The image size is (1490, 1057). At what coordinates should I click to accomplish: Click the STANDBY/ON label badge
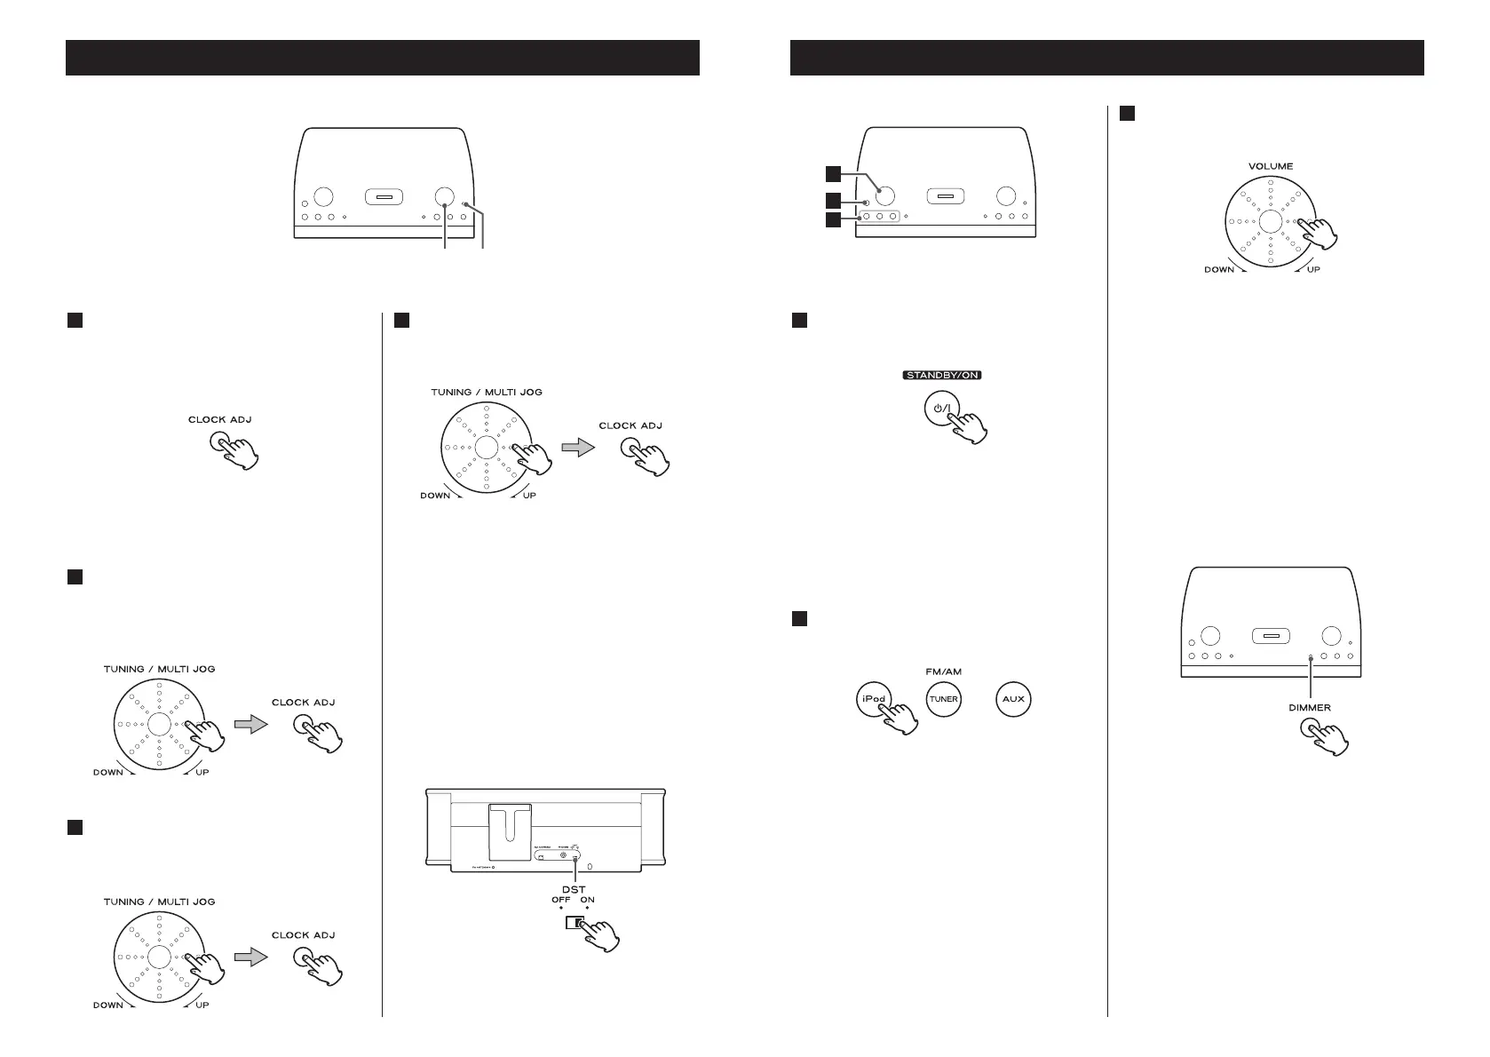tap(943, 375)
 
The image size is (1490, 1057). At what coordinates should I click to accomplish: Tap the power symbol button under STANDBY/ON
tap(942, 409)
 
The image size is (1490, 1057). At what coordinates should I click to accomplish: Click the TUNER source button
tap(943, 699)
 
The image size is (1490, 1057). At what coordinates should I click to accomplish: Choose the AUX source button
tap(1013, 699)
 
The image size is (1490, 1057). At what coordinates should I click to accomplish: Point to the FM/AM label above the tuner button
tap(942, 671)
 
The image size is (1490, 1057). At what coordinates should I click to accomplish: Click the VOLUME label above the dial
tap(1270, 166)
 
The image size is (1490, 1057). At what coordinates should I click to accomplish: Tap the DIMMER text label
tap(1310, 708)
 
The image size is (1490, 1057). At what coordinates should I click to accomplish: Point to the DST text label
tap(575, 889)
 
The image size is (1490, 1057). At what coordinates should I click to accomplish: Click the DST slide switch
tap(575, 923)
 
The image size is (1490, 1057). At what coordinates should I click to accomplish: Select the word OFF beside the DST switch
tap(561, 901)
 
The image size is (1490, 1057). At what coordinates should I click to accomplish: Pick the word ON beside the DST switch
tap(587, 901)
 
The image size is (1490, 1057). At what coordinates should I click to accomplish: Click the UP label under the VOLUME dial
tap(1313, 269)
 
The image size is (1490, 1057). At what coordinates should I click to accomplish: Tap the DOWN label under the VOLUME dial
tap(1218, 269)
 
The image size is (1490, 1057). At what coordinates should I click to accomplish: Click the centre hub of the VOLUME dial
tap(1270, 222)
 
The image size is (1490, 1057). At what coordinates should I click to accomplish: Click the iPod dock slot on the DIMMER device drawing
tap(1270, 636)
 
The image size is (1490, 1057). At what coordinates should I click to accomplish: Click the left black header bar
tap(383, 58)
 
